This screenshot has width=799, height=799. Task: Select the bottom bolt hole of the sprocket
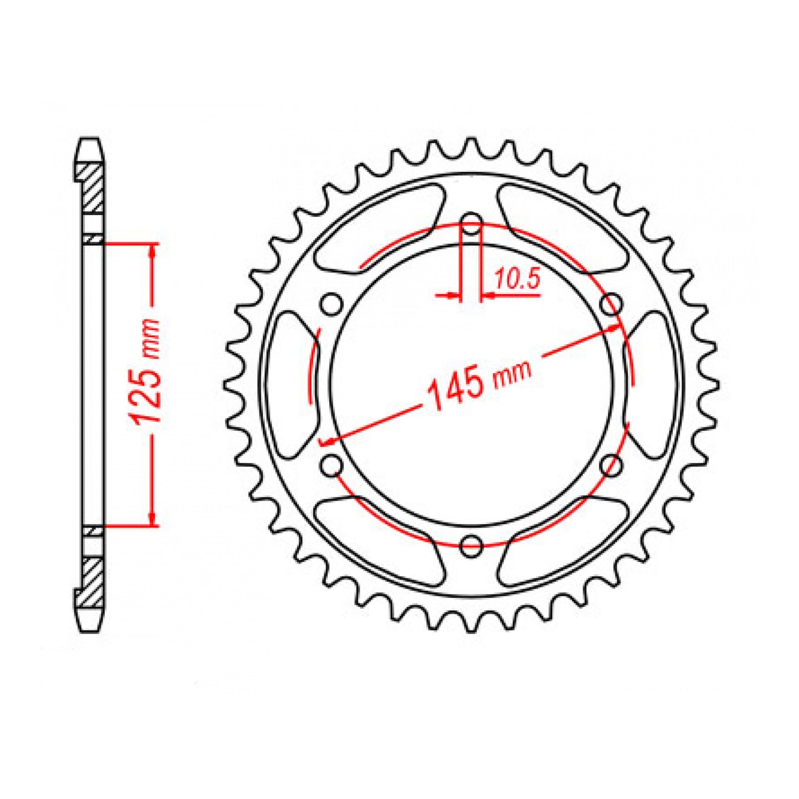(471, 546)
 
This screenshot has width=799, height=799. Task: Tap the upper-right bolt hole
(610, 304)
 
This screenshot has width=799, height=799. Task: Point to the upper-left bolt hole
(332, 304)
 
